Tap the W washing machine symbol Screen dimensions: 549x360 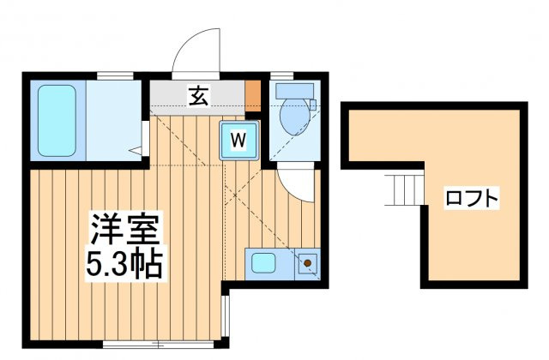239,141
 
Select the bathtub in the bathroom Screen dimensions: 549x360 57,121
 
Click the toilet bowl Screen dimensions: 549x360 295,116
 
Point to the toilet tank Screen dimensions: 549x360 294,91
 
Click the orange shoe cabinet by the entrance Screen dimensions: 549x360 253,96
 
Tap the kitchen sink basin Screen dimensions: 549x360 263,263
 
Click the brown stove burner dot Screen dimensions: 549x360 307,263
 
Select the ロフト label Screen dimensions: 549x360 471,198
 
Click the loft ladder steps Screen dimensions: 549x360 406,189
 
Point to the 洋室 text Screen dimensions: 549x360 124,228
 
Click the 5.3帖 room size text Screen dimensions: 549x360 124,264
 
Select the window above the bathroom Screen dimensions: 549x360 115,76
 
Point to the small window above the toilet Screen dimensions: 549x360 282,76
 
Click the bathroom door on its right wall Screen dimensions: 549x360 146,138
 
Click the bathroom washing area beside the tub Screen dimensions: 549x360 114,121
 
